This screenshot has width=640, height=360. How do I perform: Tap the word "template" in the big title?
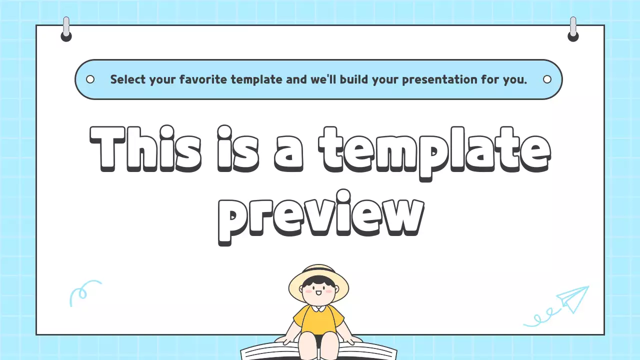(435, 148)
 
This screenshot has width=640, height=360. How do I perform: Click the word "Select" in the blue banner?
(127, 79)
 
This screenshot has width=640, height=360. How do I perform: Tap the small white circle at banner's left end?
(90, 79)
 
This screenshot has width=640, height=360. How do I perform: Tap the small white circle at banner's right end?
(547, 79)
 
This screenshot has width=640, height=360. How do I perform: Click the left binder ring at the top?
(66, 30)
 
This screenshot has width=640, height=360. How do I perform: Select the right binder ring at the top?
(573, 30)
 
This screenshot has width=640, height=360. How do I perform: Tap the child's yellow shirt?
(318, 320)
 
